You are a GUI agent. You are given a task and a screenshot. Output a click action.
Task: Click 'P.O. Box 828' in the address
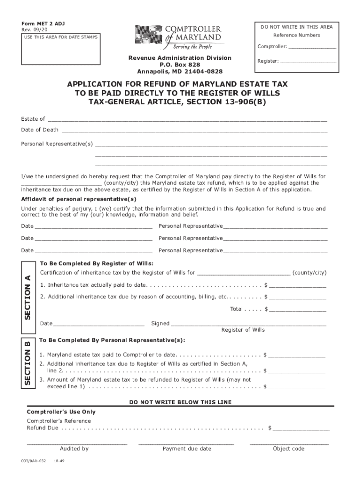180,65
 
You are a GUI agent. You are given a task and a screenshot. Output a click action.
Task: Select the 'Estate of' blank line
187,120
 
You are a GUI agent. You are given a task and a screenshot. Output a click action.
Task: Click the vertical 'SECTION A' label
28,297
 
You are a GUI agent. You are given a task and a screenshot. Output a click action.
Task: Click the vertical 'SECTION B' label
28,363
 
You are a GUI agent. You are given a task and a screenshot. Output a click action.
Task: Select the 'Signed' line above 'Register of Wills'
248,324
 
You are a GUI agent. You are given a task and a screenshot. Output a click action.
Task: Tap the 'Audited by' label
74,449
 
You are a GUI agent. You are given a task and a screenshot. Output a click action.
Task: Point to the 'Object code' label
288,449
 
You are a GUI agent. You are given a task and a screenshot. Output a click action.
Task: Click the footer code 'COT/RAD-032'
34,461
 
